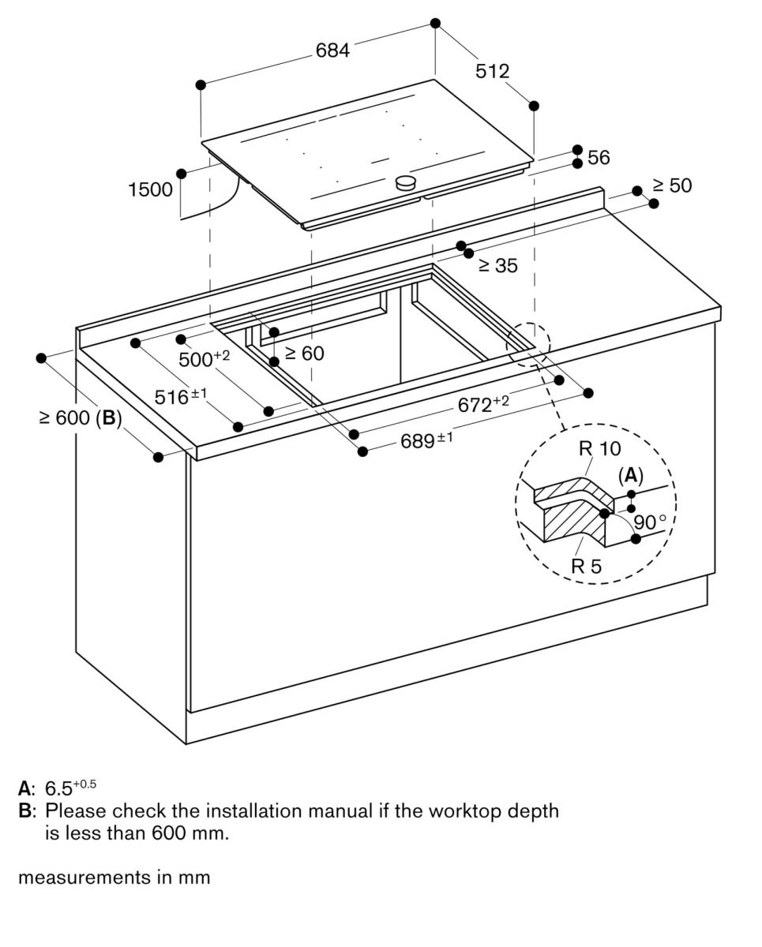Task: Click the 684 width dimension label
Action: click(332, 51)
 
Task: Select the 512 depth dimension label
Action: click(492, 71)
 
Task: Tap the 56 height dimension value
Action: click(599, 158)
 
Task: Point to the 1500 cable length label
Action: click(150, 189)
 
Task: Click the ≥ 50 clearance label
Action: click(671, 185)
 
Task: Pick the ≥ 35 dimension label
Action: click(497, 266)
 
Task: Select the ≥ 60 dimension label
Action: click(304, 354)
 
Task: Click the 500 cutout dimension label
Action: click(203, 360)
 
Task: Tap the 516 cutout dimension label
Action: click(180, 397)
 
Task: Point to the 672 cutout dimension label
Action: click(483, 406)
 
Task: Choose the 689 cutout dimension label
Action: click(426, 441)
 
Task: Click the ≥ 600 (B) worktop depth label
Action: click(80, 418)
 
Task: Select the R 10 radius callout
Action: click(599, 449)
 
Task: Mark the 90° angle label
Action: click(650, 522)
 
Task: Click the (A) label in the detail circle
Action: click(630, 475)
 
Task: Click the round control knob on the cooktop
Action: click(405, 182)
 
